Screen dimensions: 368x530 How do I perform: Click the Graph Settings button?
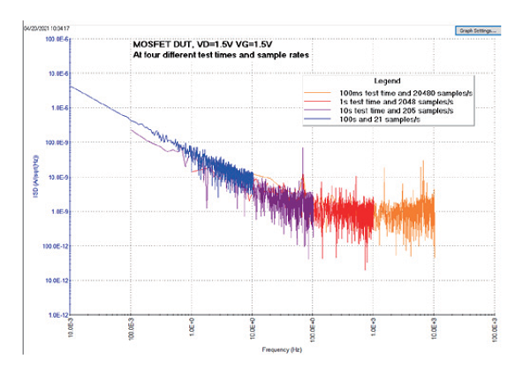tap(478, 30)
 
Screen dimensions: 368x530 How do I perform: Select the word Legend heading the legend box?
tap(388, 80)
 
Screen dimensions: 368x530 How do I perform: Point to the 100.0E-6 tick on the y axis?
tap(57, 40)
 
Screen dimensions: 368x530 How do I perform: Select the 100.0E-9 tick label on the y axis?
tap(57, 142)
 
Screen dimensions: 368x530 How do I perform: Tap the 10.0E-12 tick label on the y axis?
tap(57, 280)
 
